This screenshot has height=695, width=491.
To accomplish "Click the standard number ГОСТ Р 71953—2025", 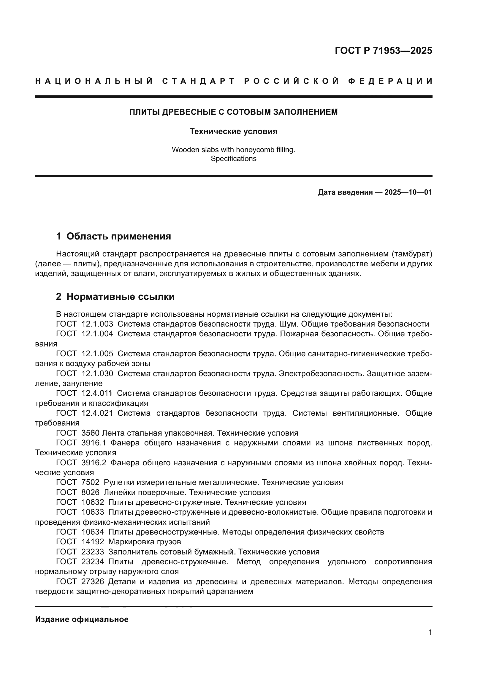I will click(x=383, y=51).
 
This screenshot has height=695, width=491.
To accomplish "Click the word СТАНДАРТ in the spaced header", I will click(x=199, y=81).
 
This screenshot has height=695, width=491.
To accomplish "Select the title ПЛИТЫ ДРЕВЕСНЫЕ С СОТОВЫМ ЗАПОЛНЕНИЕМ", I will click(x=233, y=112).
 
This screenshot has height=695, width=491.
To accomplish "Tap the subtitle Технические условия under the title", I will click(x=233, y=131).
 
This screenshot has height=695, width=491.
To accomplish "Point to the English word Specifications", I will click(x=233, y=159).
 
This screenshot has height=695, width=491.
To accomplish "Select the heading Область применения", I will click(x=118, y=237).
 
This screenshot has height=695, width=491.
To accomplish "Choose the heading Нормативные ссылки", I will click(x=120, y=297).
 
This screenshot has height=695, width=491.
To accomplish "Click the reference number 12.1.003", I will click(x=97, y=324).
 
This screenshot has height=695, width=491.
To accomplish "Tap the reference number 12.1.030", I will click(x=97, y=373).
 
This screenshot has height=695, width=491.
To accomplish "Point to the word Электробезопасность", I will click(x=321, y=373).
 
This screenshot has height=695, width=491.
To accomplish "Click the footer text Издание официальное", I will click(x=82, y=619).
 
